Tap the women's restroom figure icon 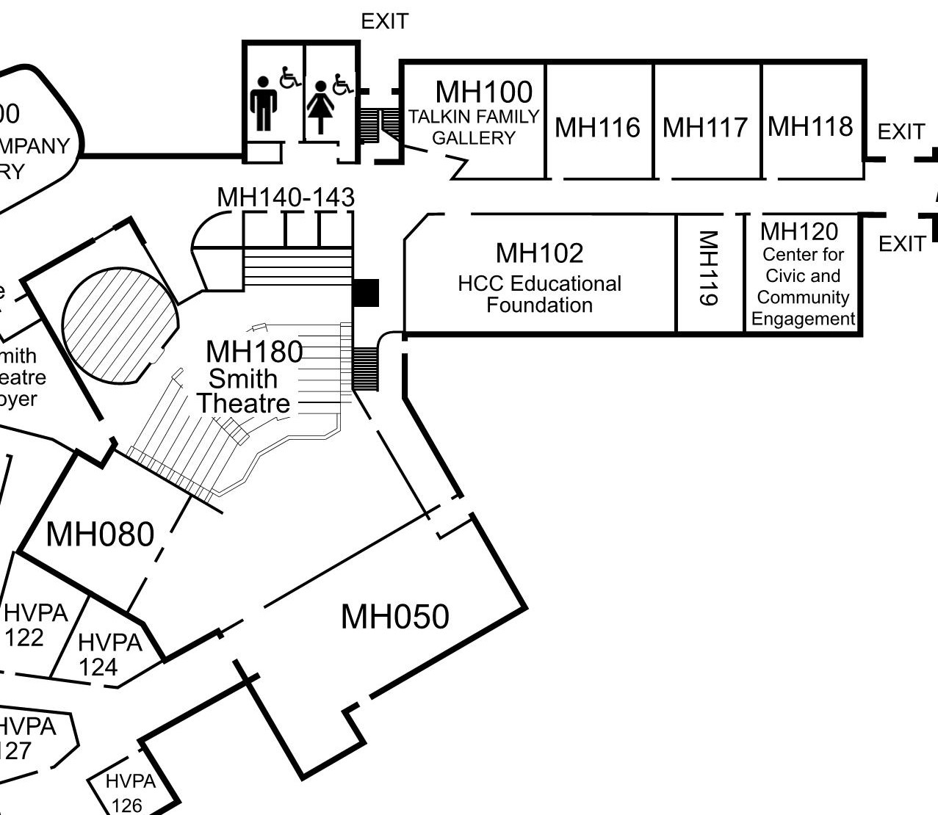point(320,107)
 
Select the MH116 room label point(597,128)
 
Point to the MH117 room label point(705,128)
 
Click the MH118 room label point(810,126)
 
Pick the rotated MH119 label point(708,268)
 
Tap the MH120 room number point(798,232)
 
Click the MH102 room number point(539,253)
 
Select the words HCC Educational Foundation point(539,294)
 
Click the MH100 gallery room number point(484,93)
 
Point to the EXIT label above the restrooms point(384,22)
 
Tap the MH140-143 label point(286,197)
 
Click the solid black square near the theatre point(365,292)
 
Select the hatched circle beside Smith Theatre point(120,325)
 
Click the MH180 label point(254,352)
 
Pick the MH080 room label point(100,535)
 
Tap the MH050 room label point(394,617)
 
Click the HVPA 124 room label point(109,654)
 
